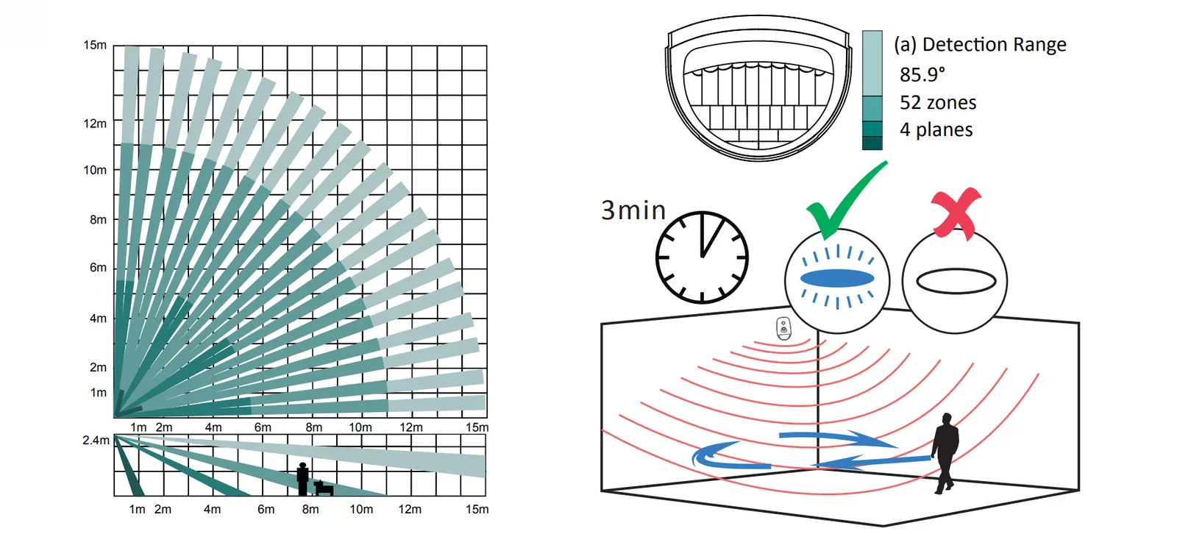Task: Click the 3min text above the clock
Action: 633,210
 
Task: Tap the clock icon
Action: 702,257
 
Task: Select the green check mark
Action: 847,202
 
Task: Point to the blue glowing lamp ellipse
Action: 837,278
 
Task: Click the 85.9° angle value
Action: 922,74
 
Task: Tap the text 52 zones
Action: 938,102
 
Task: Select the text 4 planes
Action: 936,129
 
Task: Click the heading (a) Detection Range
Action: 981,45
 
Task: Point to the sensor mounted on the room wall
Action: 783,329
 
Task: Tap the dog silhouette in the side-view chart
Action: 324,488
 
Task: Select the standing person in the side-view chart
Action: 302,479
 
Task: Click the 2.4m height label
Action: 96,440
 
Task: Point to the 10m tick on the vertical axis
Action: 95,170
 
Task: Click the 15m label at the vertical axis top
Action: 95,45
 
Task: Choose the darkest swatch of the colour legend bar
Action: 872,143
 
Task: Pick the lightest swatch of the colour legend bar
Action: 872,63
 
